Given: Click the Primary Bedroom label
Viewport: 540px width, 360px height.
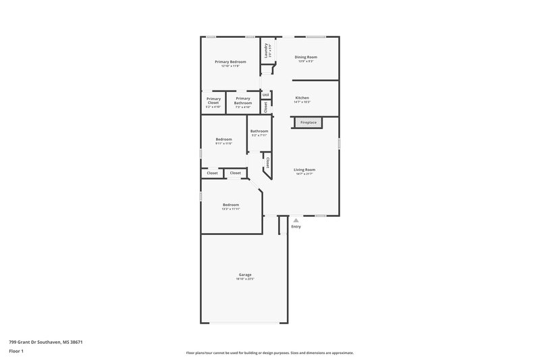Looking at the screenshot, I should pyautogui.click(x=230, y=62).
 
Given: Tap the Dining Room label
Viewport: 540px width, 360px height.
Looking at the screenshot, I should pyautogui.click(x=306, y=57).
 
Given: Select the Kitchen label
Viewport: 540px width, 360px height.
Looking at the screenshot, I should pyautogui.click(x=302, y=98).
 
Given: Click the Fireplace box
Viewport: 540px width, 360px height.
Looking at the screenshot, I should pyautogui.click(x=308, y=122).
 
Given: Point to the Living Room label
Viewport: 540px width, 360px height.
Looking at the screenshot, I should pyautogui.click(x=304, y=170).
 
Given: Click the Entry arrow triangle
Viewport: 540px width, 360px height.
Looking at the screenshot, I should pyautogui.click(x=296, y=220).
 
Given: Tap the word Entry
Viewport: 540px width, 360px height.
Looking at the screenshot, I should pyautogui.click(x=296, y=226).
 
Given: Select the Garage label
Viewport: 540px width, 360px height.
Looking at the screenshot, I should pyautogui.click(x=245, y=274).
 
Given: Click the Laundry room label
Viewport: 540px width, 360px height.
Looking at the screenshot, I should pyautogui.click(x=267, y=50).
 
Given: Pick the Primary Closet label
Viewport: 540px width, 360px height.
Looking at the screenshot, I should pyautogui.click(x=213, y=101).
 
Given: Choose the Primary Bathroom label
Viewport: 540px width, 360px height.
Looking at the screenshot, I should pyautogui.click(x=243, y=101).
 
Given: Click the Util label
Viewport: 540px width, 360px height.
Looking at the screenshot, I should pyautogui.click(x=266, y=95).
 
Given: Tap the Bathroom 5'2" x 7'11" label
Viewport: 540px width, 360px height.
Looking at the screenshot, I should pyautogui.click(x=259, y=131).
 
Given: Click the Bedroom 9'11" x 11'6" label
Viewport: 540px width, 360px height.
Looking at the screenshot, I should pyautogui.click(x=223, y=139).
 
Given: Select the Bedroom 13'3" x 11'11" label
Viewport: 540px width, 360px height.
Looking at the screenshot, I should pyautogui.click(x=231, y=205).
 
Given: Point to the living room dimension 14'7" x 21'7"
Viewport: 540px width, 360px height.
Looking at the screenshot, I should pyautogui.click(x=304, y=174).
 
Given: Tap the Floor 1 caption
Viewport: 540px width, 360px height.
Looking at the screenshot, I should pyautogui.click(x=16, y=351).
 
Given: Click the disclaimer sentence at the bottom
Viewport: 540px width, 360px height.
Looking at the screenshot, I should pyautogui.click(x=269, y=353).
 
